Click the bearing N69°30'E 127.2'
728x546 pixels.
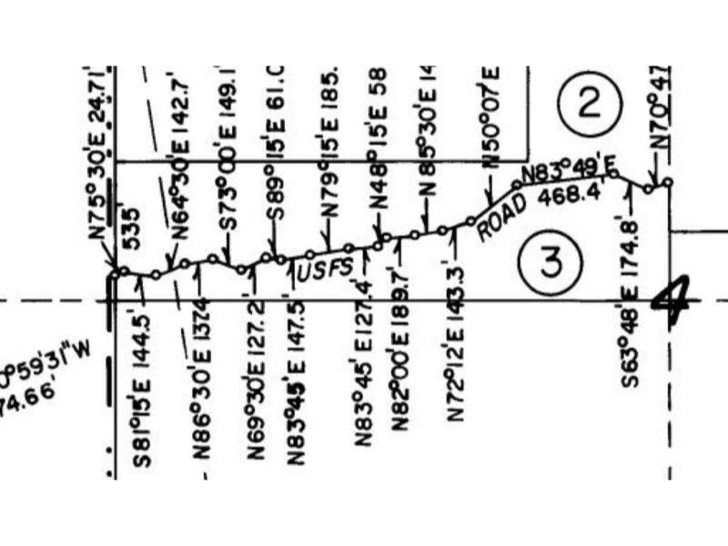click(x=256, y=378)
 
